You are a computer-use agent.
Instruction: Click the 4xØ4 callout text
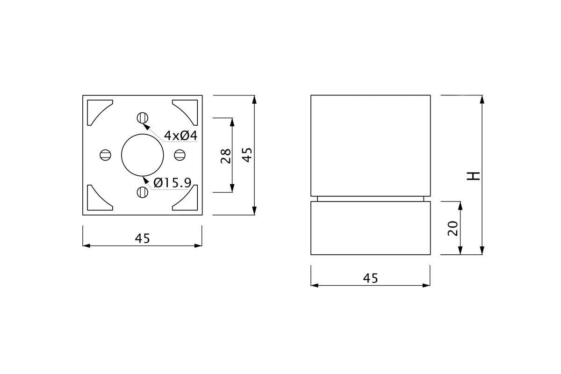pos(180,136)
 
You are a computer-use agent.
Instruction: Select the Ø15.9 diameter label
pos(173,183)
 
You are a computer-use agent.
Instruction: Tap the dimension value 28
pos(226,156)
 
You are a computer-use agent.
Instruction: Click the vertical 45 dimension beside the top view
pos(247,155)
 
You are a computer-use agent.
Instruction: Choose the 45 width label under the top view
pos(142,238)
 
